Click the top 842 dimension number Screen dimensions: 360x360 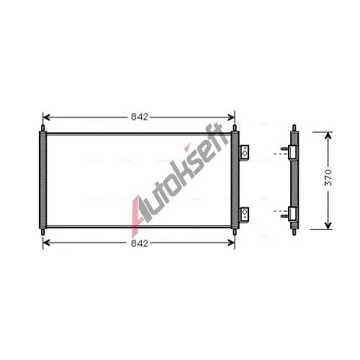point(140,117)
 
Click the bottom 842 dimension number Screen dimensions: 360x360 point(140,243)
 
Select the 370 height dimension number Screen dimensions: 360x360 point(328,178)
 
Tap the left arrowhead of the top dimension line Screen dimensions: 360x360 point(46,117)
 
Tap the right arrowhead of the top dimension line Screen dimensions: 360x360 point(231,117)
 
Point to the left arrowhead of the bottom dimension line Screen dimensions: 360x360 point(46,243)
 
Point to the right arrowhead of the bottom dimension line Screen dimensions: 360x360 point(231,243)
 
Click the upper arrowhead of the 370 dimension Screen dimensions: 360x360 point(328,135)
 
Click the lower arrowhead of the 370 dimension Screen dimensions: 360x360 point(328,225)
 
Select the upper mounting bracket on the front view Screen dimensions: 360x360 point(245,153)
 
